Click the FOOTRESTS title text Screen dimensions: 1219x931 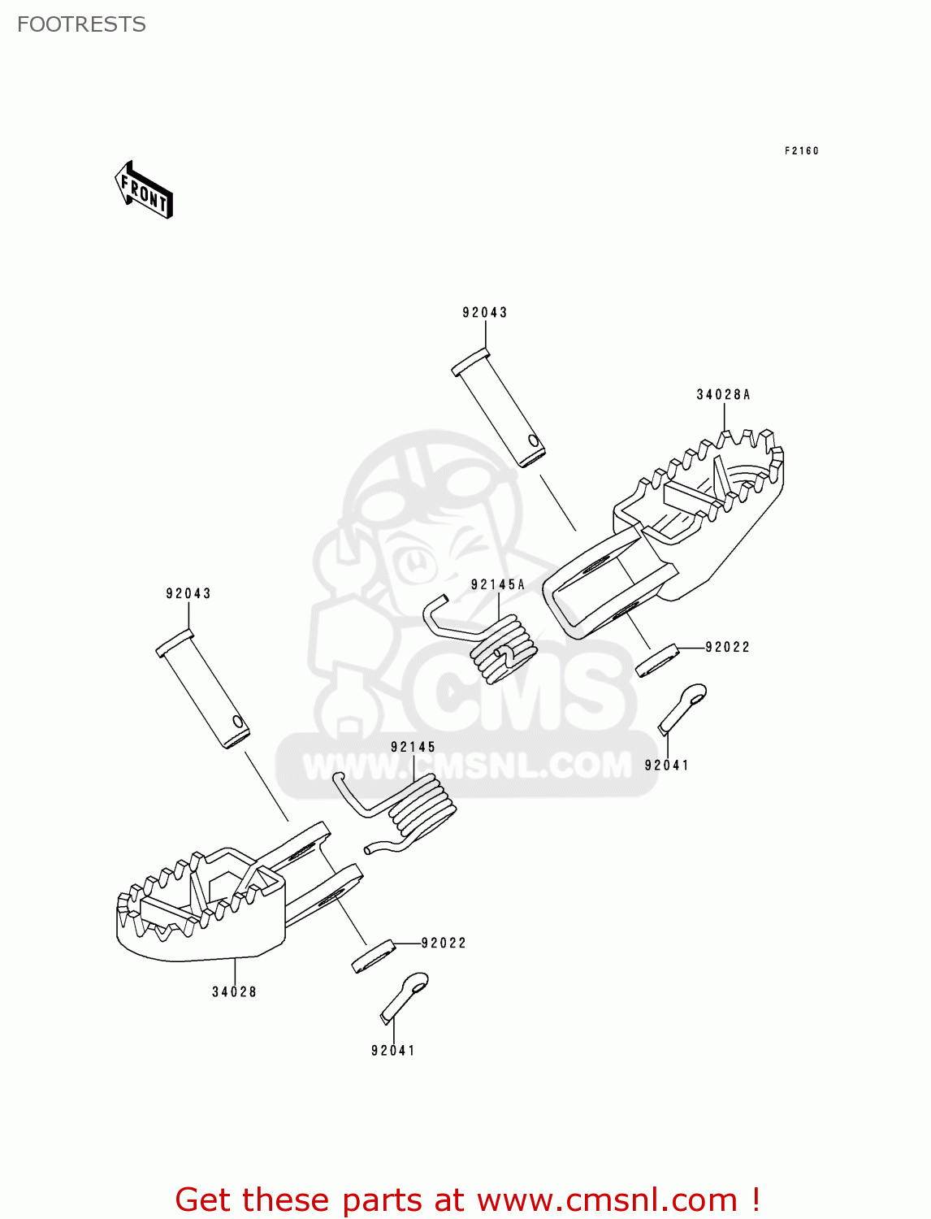(x=81, y=24)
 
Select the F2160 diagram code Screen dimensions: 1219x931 (x=801, y=150)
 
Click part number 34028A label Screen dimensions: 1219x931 (x=723, y=395)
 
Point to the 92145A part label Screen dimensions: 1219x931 (x=497, y=584)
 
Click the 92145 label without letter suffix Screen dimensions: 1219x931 (x=413, y=747)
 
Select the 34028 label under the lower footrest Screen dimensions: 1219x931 (x=234, y=991)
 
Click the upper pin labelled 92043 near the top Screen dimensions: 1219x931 (x=498, y=406)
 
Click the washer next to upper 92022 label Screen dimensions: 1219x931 (x=656, y=661)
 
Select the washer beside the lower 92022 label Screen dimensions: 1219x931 (x=373, y=957)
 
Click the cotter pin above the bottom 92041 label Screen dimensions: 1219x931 (x=404, y=996)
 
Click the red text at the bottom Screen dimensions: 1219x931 (x=467, y=1199)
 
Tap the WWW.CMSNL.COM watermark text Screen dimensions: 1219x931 (x=467, y=766)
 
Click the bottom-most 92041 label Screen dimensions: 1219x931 (x=392, y=1050)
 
